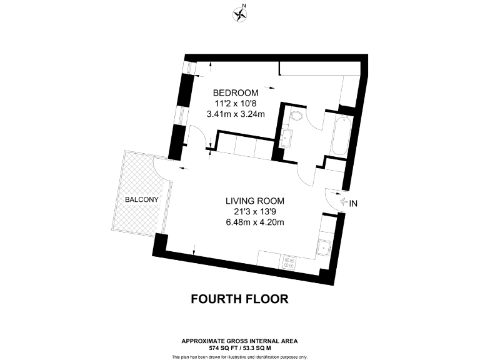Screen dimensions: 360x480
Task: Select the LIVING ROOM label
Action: coord(255,201)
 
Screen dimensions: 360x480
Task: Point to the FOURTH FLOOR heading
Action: coord(239,299)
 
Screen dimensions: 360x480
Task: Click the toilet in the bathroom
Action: coord(296,116)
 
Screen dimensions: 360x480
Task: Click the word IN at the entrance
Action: coord(354,202)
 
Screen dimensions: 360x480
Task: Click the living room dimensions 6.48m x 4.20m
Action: coord(255,222)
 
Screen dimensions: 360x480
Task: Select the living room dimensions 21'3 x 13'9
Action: coord(255,212)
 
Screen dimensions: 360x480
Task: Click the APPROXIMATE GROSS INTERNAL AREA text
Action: coord(239,341)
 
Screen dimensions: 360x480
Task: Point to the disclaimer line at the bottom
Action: coord(239,356)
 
